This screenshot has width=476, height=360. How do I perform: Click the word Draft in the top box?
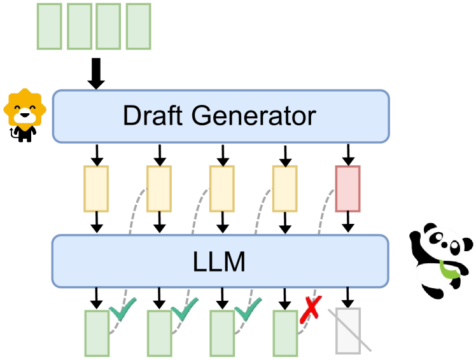click(x=152, y=116)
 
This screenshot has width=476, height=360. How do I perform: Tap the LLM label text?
click(x=220, y=261)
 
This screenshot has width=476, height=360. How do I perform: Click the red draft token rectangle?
click(x=347, y=188)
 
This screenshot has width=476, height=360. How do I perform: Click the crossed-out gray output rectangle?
click(x=347, y=331)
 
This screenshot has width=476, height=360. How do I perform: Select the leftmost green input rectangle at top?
click(x=49, y=26)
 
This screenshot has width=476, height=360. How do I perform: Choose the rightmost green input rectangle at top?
click(x=139, y=26)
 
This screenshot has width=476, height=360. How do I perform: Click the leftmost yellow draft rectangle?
click(x=96, y=188)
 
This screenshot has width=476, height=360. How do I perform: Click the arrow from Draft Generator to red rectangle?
click(x=347, y=154)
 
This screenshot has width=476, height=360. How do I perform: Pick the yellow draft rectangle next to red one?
click(x=284, y=188)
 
